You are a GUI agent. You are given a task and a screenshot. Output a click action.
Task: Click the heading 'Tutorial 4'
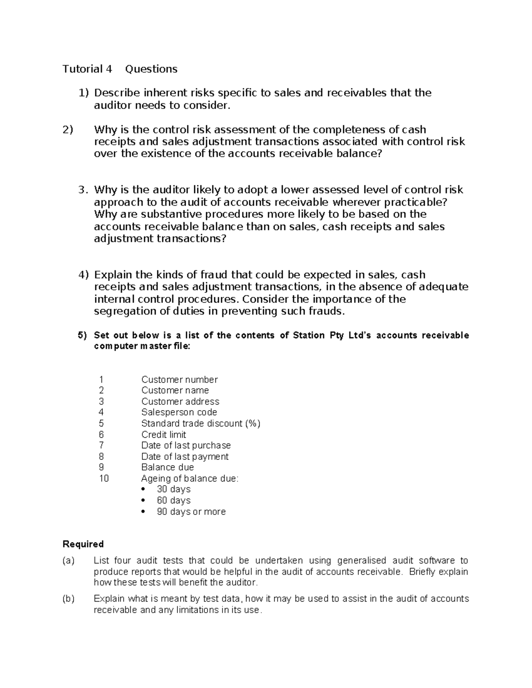click(x=87, y=69)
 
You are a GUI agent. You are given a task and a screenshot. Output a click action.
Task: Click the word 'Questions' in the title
click(x=151, y=69)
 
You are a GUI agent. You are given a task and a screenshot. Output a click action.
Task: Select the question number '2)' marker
click(x=68, y=130)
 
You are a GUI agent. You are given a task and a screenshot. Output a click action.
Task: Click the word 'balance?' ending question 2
click(x=359, y=154)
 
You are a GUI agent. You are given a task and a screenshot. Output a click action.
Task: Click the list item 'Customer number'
click(x=179, y=380)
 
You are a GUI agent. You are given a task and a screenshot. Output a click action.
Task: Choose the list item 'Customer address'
click(x=180, y=401)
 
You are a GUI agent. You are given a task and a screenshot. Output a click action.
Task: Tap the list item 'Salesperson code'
click(x=179, y=412)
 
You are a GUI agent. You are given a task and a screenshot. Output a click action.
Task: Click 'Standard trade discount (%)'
click(x=200, y=424)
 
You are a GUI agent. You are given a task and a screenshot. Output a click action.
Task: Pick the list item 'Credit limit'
click(x=164, y=435)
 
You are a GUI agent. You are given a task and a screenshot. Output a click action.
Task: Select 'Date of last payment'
click(x=185, y=456)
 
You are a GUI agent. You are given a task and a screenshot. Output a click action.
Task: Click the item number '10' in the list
click(x=103, y=478)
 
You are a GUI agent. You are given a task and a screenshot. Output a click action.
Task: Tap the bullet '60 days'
click(x=173, y=500)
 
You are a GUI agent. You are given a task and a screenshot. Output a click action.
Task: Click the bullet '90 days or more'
click(x=191, y=512)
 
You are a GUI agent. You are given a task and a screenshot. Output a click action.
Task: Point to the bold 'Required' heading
click(x=83, y=544)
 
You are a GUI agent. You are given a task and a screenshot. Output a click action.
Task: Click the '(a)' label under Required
click(x=69, y=561)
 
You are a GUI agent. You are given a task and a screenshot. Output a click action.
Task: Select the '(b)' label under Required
click(x=69, y=599)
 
